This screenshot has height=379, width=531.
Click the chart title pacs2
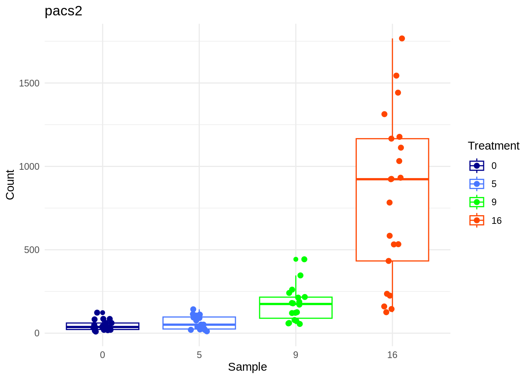[x=63, y=11]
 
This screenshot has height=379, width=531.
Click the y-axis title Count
[x=10, y=184]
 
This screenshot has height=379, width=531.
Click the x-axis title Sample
[x=247, y=367]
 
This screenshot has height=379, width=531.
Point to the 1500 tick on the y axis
[x=29, y=83]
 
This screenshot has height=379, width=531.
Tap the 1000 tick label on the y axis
[x=29, y=167]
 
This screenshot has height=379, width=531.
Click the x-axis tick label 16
[x=392, y=355]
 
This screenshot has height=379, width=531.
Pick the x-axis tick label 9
[x=296, y=355]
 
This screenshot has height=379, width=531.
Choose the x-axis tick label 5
[x=199, y=355]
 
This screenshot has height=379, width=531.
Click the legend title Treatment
[x=493, y=146]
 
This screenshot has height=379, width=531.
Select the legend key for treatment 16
[x=477, y=220]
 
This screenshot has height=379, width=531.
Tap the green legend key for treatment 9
[x=477, y=202]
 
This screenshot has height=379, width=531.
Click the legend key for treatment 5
[x=477, y=184]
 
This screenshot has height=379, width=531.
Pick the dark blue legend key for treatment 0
[x=477, y=166]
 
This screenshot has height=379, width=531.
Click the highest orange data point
[x=402, y=38]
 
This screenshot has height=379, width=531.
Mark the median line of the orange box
[x=392, y=179]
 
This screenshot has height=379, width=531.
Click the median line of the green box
[x=296, y=304]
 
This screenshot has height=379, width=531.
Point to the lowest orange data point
[x=386, y=312]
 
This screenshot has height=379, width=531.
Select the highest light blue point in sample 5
[x=193, y=310]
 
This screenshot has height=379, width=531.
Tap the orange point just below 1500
[x=398, y=93]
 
